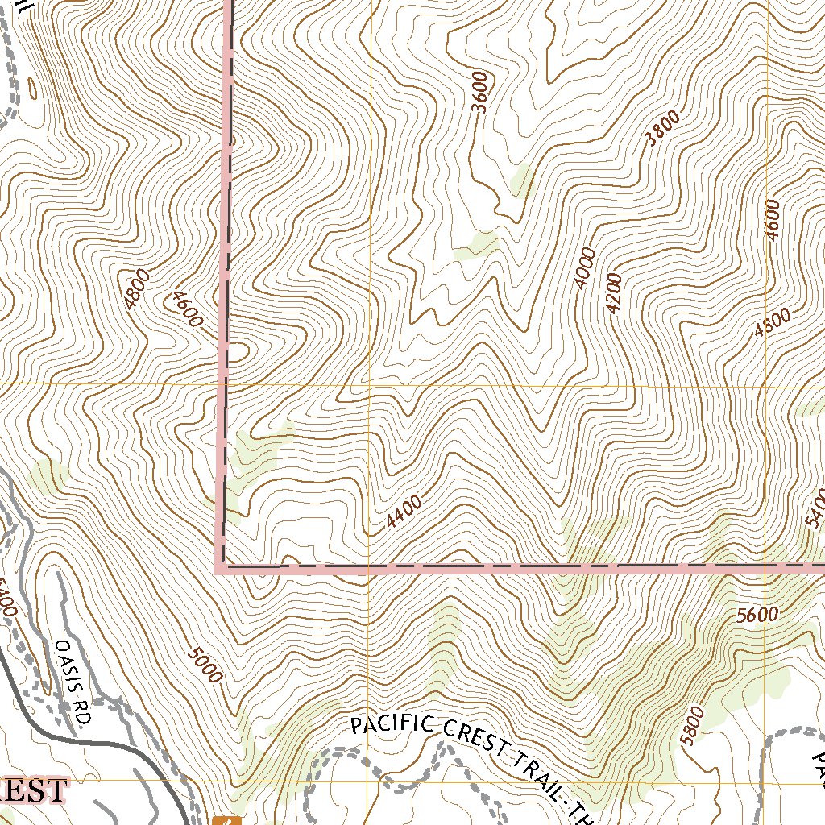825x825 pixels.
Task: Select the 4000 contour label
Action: pyautogui.click(x=584, y=268)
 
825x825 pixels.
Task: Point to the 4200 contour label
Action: pyautogui.click(x=615, y=294)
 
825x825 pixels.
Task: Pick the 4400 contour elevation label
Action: pyautogui.click(x=404, y=512)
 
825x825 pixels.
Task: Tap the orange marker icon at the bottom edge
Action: pyautogui.click(x=227, y=820)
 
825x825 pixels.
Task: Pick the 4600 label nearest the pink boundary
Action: pyautogui.click(x=186, y=309)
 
